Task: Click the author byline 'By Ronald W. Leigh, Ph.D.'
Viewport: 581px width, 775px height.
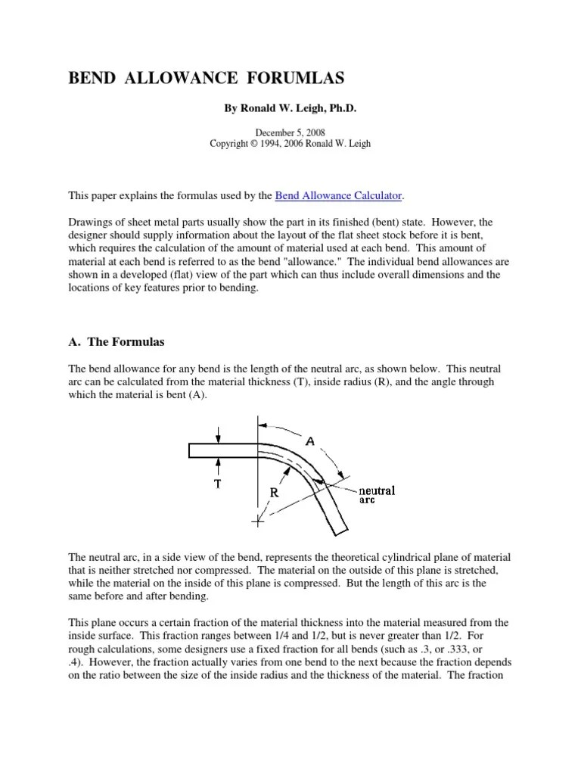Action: [x=290, y=109]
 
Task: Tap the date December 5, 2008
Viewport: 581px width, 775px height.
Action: [x=290, y=132]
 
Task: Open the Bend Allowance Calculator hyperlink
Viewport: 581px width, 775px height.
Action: [x=338, y=196]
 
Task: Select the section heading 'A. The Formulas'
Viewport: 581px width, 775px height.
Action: [x=117, y=342]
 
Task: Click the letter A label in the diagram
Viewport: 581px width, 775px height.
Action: [x=311, y=439]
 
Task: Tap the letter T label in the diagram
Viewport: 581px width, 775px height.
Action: [x=217, y=484]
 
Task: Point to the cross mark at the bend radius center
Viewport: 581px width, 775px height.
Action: [x=258, y=521]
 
